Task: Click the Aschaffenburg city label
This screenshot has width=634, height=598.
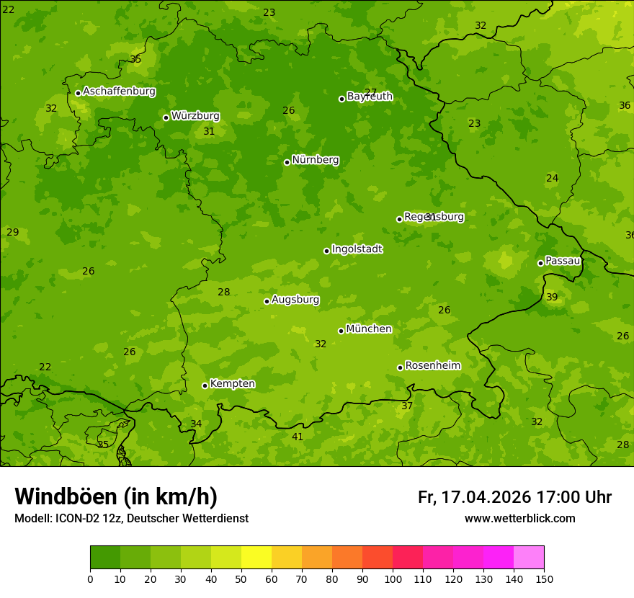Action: pyautogui.click(x=119, y=92)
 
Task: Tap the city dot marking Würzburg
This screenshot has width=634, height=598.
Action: pyautogui.click(x=166, y=117)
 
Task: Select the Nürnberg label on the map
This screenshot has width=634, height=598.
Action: pyautogui.click(x=316, y=160)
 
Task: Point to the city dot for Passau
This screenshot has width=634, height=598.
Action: pyautogui.click(x=540, y=263)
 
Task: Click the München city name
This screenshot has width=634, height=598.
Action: pyautogui.click(x=369, y=329)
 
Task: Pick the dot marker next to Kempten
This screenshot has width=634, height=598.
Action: pyautogui.click(x=205, y=385)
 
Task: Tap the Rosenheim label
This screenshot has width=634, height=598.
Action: pyautogui.click(x=432, y=366)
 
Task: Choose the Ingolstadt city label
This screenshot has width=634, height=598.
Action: pyautogui.click(x=357, y=249)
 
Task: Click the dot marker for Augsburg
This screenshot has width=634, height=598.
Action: pyautogui.click(x=267, y=301)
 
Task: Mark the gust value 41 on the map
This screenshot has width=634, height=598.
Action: pyautogui.click(x=298, y=437)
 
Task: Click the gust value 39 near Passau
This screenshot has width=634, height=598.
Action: pyautogui.click(x=552, y=297)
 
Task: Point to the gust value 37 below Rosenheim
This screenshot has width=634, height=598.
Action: pyautogui.click(x=407, y=406)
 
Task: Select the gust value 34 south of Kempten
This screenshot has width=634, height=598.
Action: pyautogui.click(x=196, y=424)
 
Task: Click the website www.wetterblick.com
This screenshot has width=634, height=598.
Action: pyautogui.click(x=519, y=518)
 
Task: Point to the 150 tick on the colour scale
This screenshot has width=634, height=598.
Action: pyautogui.click(x=544, y=579)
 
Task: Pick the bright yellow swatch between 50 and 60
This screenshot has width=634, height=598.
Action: pyautogui.click(x=256, y=558)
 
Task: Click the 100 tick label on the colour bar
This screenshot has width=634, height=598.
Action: pyautogui.click(x=393, y=579)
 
